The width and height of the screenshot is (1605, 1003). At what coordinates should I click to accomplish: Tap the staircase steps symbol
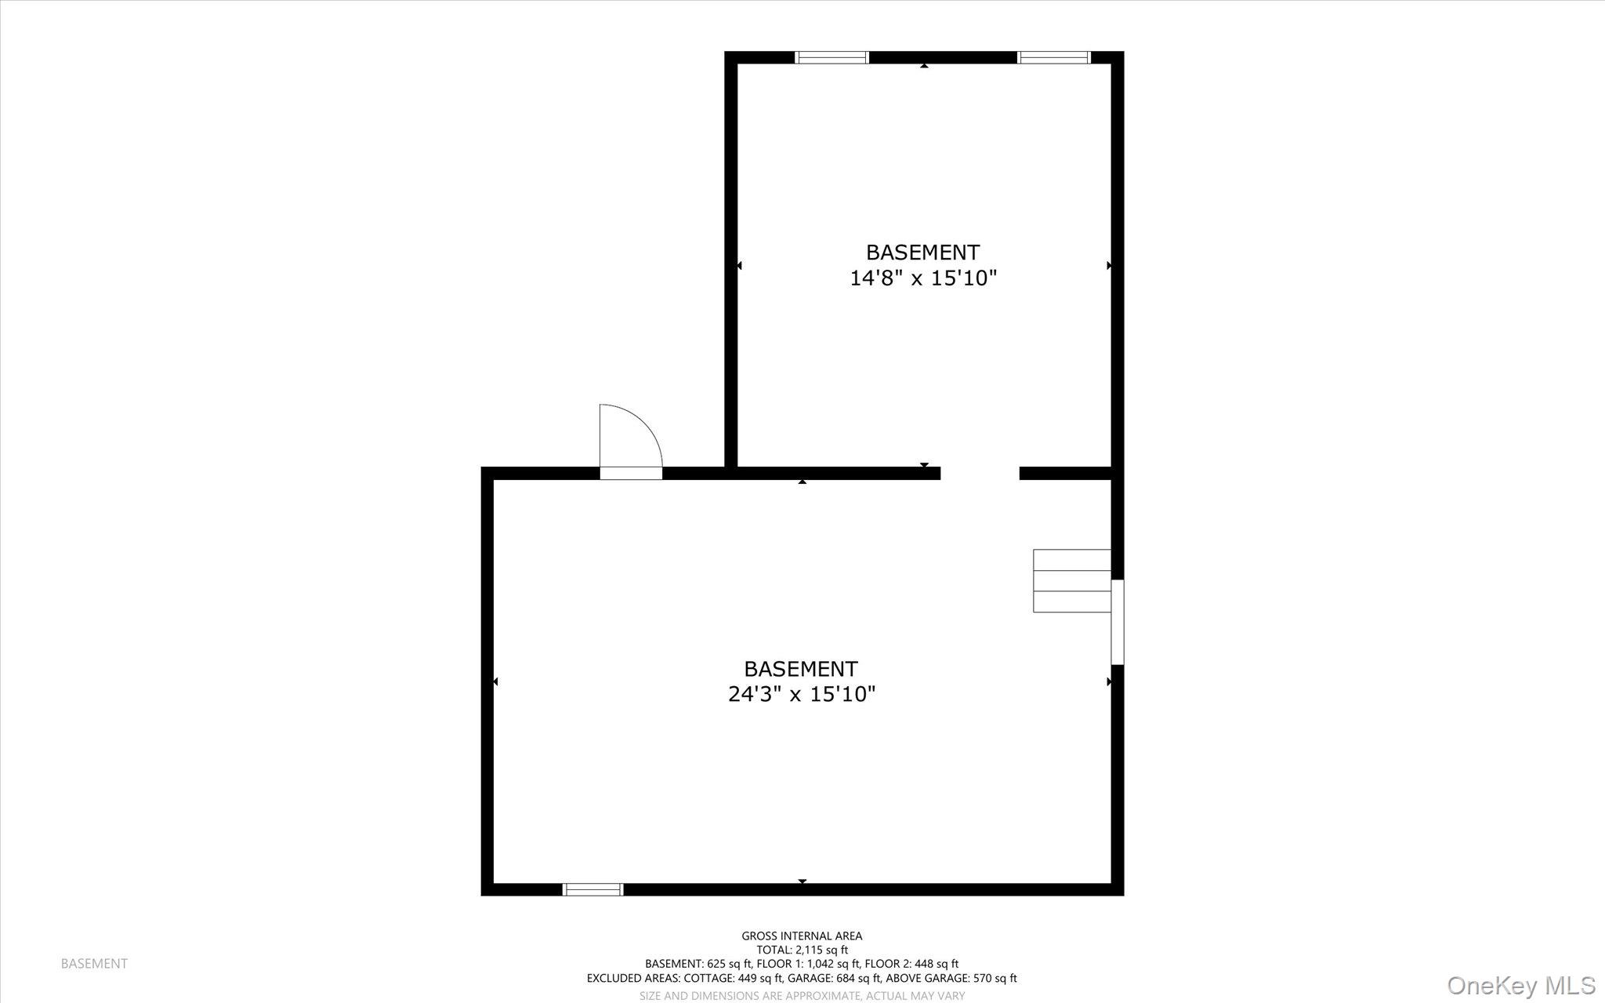1071,581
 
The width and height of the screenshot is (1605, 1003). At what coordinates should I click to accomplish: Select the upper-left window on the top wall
831,57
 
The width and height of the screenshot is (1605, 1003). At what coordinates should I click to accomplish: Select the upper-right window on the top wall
1053,57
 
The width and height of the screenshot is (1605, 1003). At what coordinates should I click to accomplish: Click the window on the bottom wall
592,889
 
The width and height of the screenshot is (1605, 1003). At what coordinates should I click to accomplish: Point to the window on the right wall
1118,622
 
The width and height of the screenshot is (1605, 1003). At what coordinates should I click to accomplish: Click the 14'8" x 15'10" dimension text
923,278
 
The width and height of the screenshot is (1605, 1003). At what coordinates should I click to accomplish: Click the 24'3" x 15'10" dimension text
801,694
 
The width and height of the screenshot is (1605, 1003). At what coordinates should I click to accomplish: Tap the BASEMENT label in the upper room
922,253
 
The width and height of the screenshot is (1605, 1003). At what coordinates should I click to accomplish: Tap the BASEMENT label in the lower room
800,669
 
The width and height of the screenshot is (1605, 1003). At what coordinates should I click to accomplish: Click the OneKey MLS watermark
1520,985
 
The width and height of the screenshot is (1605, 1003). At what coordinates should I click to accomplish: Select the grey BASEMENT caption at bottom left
94,964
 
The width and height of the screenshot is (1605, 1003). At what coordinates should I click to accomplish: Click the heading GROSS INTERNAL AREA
802,936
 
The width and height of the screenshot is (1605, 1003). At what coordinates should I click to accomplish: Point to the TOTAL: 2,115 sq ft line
802,950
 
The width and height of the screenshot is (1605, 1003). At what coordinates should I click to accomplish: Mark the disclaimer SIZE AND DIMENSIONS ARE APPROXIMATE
751,995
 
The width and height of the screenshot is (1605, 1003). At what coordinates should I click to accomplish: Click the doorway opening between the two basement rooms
980,473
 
